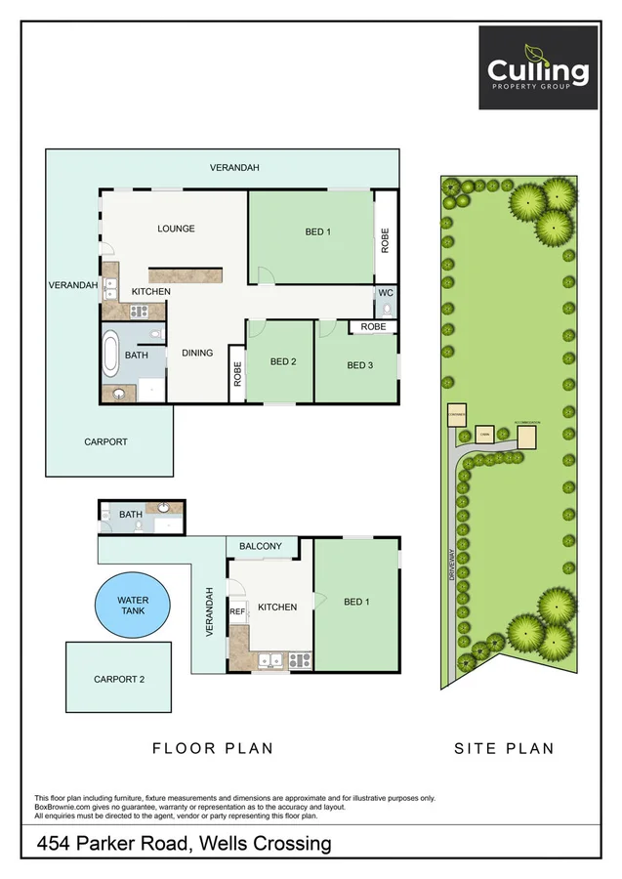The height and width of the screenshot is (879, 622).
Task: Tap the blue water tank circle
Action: [x=132, y=606]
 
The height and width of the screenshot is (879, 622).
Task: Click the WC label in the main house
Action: [x=386, y=292]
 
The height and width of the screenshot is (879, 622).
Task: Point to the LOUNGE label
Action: [x=177, y=229]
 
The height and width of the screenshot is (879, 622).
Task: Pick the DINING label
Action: [x=197, y=353]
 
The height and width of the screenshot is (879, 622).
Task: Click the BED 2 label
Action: [x=283, y=361]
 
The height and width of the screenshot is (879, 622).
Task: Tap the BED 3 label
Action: [x=360, y=365]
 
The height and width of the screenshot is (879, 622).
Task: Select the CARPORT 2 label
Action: [x=119, y=679]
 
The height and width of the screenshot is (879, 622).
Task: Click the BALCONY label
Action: [x=261, y=546]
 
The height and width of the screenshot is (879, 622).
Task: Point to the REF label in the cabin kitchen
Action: [x=237, y=611]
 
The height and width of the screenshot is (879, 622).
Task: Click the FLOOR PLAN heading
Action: [x=212, y=748]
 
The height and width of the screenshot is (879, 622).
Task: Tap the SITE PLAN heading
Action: [x=504, y=748]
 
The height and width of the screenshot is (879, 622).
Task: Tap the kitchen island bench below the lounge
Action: [x=186, y=274]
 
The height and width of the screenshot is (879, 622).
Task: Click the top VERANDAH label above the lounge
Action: [x=234, y=168]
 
